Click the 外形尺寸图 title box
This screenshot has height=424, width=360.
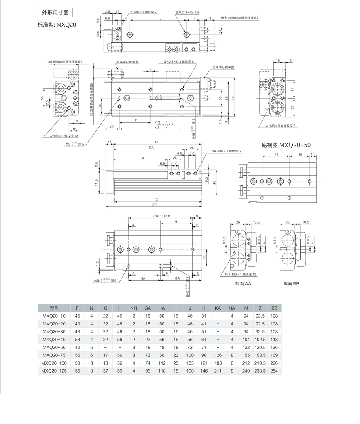tap(55, 12)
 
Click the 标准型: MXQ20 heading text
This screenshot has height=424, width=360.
tap(57, 25)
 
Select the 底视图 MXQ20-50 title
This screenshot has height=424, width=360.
tap(286, 145)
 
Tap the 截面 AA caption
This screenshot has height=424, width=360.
tap(243, 284)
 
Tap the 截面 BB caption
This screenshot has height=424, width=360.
tap(291, 284)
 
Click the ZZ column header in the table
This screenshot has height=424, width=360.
tap(274, 308)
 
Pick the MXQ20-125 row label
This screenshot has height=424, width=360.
tap(54, 370)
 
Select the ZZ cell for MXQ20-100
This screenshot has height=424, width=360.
tap(274, 363)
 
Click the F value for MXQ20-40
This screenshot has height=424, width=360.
tap(77, 339)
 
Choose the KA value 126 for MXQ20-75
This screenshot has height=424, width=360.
tap(218, 355)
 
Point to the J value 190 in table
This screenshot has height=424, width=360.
tap(190, 370)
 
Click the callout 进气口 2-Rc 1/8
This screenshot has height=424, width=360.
tap(187, 13)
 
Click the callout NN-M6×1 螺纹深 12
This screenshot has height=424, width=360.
tap(241, 274)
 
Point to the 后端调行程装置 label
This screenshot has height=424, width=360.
tap(223, 67)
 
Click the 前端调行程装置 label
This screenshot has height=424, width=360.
tap(127, 62)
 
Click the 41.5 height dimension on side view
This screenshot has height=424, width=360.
tap(97, 184)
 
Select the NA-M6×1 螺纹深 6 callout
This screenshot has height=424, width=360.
tap(226, 151)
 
